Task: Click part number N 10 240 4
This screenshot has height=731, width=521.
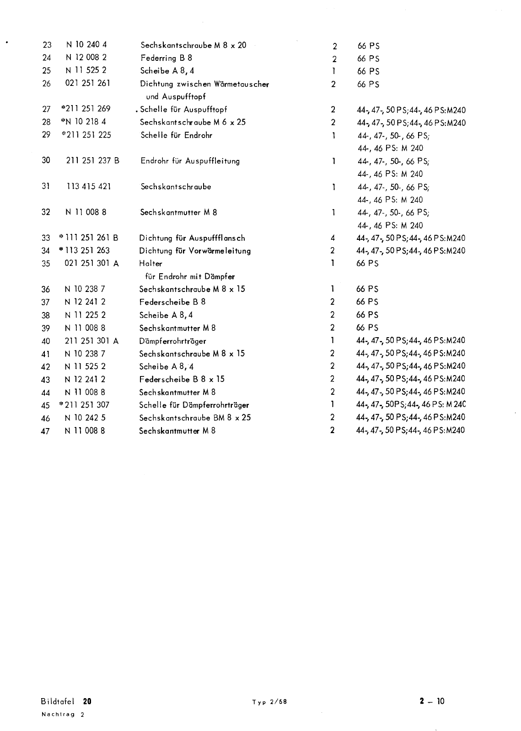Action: [86, 45]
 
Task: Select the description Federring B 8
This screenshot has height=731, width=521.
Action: [166, 58]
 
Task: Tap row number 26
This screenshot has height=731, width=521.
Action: [46, 84]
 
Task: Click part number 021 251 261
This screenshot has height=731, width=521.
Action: [87, 83]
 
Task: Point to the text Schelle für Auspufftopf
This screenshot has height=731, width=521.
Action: [183, 110]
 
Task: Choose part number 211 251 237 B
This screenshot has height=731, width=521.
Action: [92, 161]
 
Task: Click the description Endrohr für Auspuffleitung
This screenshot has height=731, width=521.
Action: [190, 161]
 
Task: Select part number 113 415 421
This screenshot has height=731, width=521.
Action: [89, 186]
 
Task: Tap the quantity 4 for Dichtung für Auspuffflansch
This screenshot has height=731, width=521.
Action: [333, 238]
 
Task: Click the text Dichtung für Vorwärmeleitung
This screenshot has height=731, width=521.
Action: [195, 251]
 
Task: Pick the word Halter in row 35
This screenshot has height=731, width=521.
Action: [150, 264]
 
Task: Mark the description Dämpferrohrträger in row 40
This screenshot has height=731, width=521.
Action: [172, 341]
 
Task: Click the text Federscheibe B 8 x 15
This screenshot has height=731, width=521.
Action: [182, 379]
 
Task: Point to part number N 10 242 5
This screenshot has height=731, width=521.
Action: [85, 418]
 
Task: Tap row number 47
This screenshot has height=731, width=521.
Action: [45, 431]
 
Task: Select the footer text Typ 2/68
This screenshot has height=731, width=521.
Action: [269, 702]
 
